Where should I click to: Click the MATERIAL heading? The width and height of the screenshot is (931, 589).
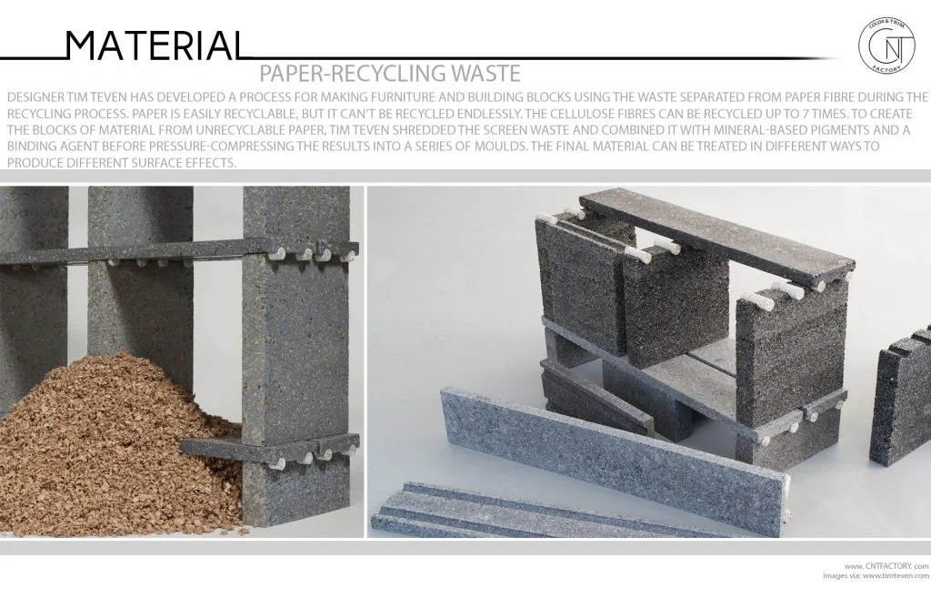tap(155, 46)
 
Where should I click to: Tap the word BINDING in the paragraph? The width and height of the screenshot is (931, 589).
tap(31, 147)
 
